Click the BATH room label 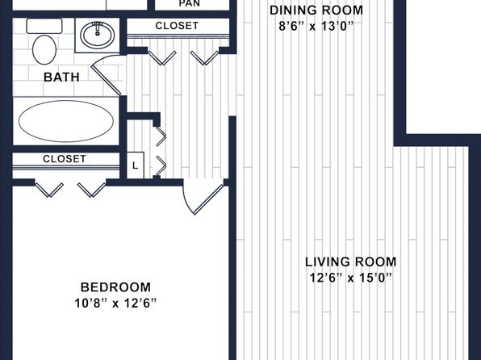[61, 77]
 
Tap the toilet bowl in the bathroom [44, 50]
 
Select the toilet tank [44, 26]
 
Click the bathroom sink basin [98, 35]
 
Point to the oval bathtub [66, 121]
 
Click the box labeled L [136, 165]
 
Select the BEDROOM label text [115, 287]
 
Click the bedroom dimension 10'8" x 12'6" [115, 303]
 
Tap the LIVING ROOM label [351, 262]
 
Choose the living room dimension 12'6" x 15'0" [351, 278]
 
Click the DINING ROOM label [316, 10]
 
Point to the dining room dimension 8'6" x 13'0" [316, 26]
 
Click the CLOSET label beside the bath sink [177, 26]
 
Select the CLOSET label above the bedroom [65, 159]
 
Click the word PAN [190, 3]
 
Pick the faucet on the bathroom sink [98, 28]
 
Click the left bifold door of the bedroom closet [49, 190]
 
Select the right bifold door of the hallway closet [205, 57]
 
